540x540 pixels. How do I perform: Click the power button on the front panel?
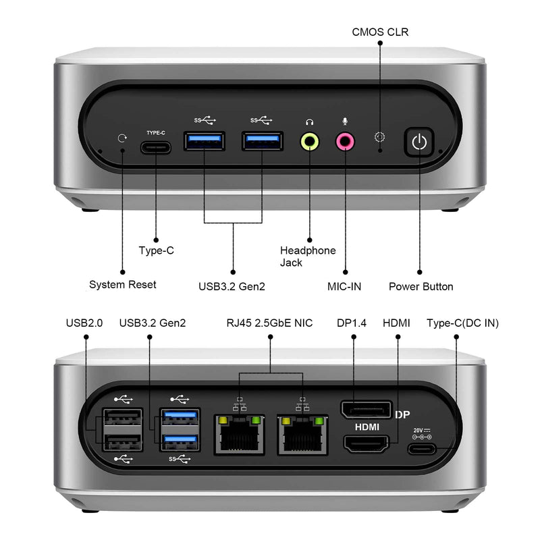420,142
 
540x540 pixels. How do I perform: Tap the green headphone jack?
310,141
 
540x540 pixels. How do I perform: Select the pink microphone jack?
345,141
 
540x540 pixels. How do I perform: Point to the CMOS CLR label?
380,32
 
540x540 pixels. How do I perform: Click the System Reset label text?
122,285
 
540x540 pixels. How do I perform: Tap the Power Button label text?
421,287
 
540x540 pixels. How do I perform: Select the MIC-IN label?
344,287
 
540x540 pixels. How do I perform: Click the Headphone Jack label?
308,256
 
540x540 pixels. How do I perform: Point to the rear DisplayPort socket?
366,409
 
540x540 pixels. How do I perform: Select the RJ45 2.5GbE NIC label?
269,323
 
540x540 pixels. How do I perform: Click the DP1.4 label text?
351,323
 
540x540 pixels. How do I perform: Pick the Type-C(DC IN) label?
462,323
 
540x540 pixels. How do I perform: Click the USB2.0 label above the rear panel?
84,323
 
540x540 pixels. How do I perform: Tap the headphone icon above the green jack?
310,122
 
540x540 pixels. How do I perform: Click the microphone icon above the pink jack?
345,122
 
